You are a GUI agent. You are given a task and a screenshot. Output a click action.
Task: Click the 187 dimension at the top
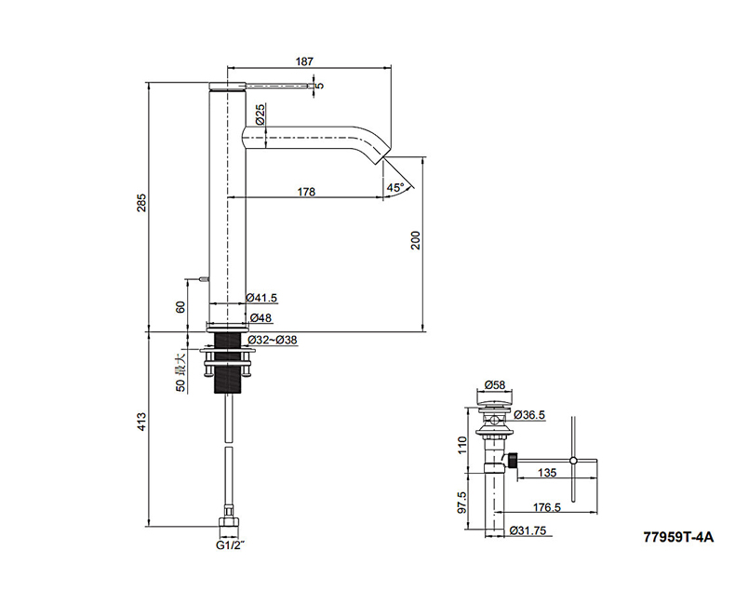[304, 61]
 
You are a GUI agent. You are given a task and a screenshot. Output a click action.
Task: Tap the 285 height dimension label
[142, 203]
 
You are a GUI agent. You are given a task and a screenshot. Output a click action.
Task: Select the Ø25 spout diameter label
[261, 114]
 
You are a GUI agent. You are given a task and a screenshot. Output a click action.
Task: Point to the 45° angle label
[395, 188]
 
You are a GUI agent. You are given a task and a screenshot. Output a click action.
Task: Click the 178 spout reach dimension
[306, 192]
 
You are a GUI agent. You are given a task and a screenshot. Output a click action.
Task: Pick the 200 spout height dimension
[416, 240]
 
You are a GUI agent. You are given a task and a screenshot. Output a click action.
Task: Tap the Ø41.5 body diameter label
[261, 298]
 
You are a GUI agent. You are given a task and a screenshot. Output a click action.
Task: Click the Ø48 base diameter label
[261, 318]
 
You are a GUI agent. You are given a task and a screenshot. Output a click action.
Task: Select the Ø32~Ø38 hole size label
[273, 340]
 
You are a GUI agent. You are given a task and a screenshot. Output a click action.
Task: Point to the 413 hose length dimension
[142, 422]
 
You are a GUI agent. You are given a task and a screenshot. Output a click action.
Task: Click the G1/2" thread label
[230, 545]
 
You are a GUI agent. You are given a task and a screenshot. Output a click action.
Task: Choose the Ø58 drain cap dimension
[495, 385]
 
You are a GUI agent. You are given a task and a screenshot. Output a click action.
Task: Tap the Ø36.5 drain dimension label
[529, 415]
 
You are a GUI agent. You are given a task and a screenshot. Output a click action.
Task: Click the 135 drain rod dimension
[547, 472]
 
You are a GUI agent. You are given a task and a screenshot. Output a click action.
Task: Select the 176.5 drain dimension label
[546, 507]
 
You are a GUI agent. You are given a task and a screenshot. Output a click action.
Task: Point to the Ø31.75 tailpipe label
[528, 530]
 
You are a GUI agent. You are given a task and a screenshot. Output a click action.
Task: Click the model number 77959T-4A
[679, 537]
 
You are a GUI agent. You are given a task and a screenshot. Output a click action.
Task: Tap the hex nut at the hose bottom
[229, 522]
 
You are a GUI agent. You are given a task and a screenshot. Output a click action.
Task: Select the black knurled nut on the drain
[513, 460]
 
